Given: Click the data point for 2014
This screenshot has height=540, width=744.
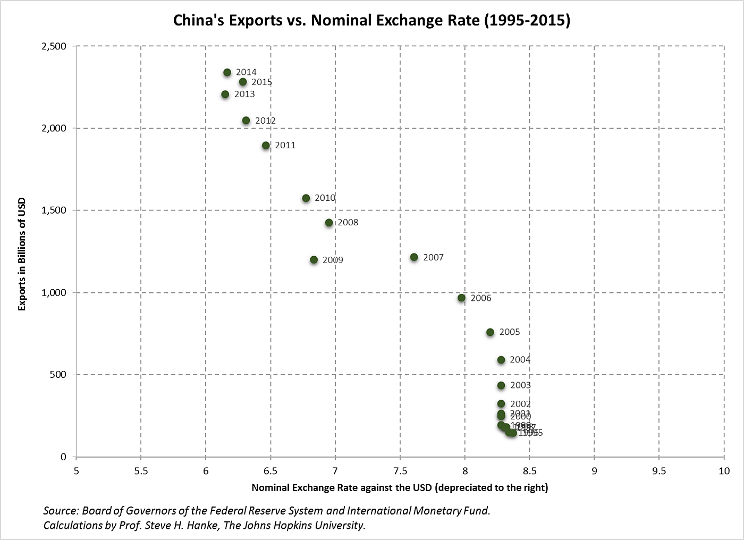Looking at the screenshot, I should pos(227,72).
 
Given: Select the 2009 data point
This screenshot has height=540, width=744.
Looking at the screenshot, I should pos(314,260).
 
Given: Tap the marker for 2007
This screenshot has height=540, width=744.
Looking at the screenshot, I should pos(414,257).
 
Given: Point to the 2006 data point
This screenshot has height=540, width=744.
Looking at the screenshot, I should pos(461,298).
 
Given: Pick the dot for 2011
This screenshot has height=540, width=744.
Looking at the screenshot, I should pos(266,146).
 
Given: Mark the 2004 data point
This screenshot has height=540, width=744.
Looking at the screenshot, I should pos(501,360).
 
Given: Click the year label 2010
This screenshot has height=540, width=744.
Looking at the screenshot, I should pos(325,198).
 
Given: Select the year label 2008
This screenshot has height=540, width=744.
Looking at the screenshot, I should pos(348,222).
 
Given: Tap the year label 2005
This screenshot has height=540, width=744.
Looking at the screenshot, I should pos(510,332).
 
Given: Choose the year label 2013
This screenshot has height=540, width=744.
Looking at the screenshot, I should pos(244,94).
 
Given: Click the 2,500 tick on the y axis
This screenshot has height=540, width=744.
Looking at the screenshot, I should pos(54,46).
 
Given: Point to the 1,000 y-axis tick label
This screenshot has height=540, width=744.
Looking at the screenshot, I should pos(54,292).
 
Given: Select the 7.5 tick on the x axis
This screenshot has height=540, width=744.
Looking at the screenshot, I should pos(400,471).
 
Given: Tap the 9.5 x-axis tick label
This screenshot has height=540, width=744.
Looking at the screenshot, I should pos(659,471).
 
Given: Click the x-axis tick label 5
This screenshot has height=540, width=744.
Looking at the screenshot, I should pos(76,471).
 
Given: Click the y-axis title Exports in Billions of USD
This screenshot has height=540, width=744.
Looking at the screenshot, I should pos(22,254).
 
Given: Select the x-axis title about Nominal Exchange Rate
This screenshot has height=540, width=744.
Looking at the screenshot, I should pos(400,487).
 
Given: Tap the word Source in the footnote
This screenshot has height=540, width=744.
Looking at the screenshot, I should pos(61,511).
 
